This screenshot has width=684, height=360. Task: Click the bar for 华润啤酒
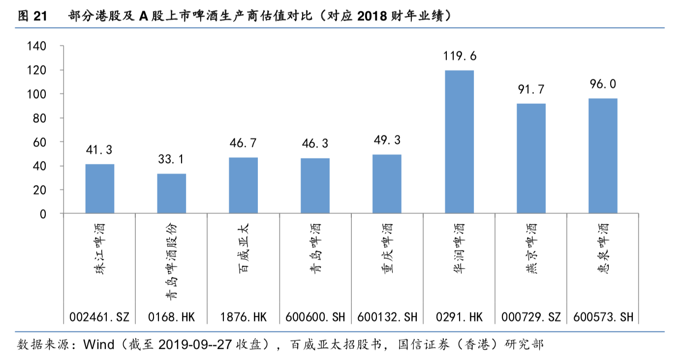point(459,142)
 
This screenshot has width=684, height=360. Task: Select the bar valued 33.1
point(172,193)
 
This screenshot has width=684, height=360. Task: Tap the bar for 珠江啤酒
point(100,188)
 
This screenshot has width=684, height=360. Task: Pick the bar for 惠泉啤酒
point(603,155)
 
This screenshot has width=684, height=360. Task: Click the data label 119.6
point(459,57)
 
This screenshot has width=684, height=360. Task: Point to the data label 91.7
point(531,90)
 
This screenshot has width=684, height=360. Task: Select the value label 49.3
point(387,140)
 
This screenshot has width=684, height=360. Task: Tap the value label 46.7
point(243,143)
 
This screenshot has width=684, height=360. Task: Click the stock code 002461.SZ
point(100,317)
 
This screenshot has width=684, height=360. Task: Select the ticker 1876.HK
point(243,317)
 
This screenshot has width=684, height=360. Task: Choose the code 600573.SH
point(603,317)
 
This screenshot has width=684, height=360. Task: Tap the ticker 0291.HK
point(459,317)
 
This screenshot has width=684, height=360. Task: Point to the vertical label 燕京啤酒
point(531,248)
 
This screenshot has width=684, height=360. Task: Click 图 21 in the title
point(31,16)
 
